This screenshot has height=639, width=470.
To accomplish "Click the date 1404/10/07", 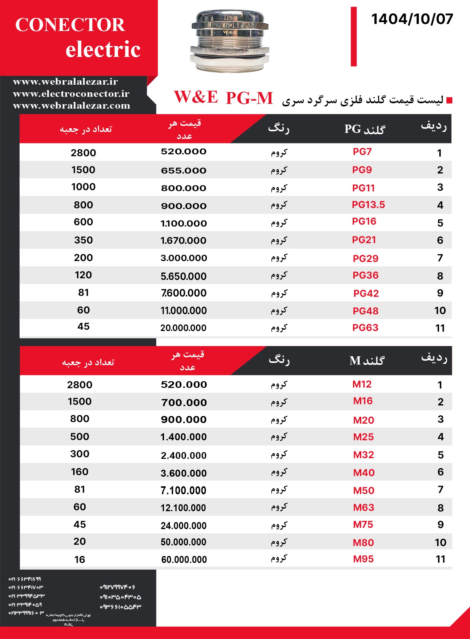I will coord(412,19).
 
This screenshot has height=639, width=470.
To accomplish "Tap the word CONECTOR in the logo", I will coord(70,25).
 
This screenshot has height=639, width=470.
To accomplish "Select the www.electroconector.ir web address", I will coord(71,94).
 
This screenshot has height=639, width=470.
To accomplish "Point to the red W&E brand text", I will coord(196,97).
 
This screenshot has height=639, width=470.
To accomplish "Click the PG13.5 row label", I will coord(368,205).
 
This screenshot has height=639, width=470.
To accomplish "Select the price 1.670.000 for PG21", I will coord(184,240).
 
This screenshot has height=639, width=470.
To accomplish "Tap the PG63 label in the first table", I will coord(365,327).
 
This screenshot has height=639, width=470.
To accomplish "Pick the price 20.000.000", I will coord(184,328).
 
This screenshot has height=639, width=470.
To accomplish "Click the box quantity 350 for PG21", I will coord(83,240).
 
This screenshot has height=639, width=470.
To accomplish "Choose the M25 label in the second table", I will coord(363,437).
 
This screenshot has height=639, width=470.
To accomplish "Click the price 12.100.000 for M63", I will coord(183,508).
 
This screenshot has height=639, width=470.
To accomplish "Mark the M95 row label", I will coord(363,559).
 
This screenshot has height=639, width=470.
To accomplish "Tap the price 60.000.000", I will coord(184,559).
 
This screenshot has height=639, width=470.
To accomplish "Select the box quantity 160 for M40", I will coord(80,472).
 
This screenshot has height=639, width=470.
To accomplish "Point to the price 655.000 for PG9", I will coord(184,170).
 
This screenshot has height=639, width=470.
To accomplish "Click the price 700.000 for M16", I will coord(184,403).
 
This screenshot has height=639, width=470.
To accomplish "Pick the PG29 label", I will coord(365,258).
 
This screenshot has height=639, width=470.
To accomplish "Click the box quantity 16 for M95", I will coord(80,559).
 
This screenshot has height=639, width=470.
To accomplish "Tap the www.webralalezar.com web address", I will coord(72,105).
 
